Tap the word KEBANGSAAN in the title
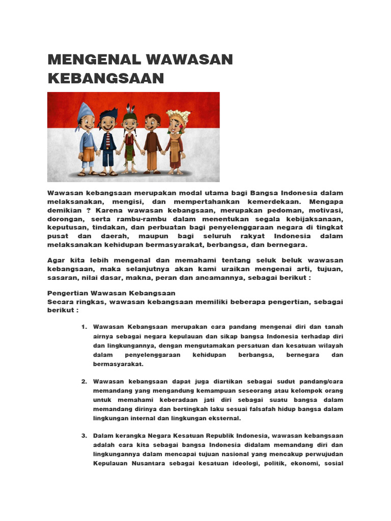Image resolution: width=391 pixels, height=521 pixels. (x=106, y=78)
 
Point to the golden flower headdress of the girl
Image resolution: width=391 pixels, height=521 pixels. (x=175, y=115)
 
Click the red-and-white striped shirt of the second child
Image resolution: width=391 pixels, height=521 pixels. (x=107, y=139)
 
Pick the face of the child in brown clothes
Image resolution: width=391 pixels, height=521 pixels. (x=152, y=123)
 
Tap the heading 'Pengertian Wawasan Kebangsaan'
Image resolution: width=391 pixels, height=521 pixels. (x=111, y=293)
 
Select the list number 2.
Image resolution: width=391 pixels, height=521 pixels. (x=84, y=381)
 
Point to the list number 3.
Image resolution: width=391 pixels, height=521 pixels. (x=84, y=436)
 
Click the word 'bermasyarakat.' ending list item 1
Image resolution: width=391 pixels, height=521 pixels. (x=118, y=364)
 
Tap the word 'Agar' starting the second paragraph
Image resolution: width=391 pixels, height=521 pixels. (x=57, y=260)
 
